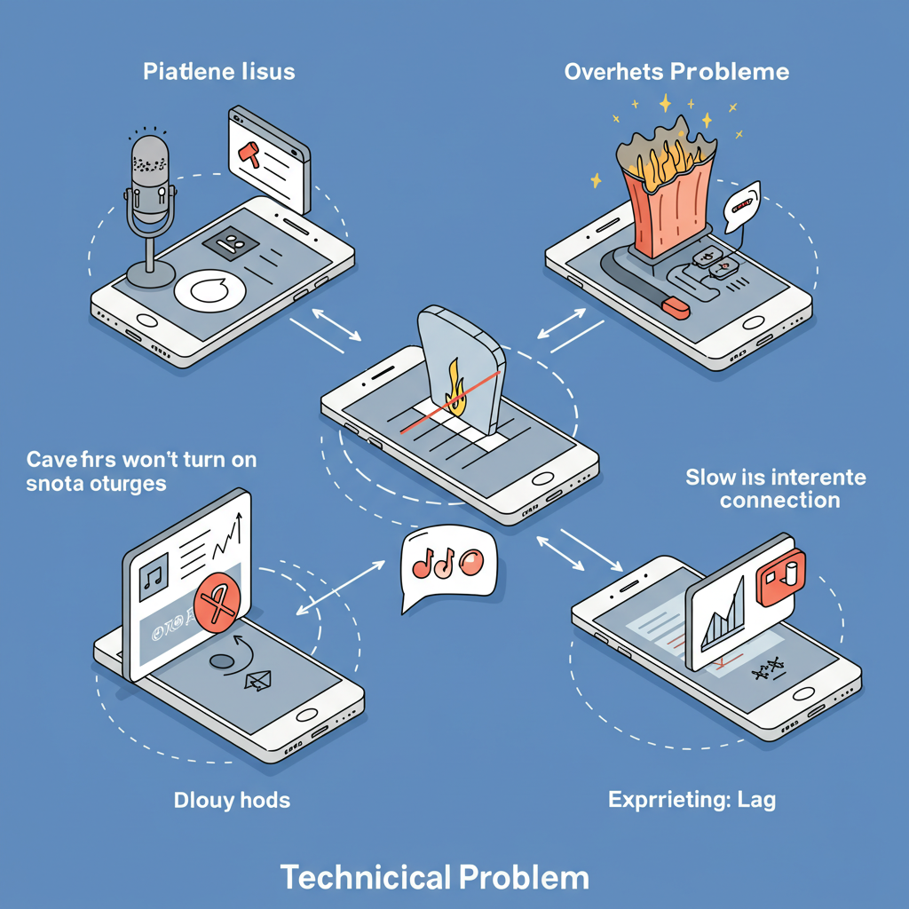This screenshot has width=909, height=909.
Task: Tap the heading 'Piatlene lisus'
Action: pyautogui.click(x=219, y=72)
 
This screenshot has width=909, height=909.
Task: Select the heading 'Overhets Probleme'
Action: pyautogui.click(x=676, y=72)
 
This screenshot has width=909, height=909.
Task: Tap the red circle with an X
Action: pyautogui.click(x=217, y=606)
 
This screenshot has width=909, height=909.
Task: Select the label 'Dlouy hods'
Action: pyautogui.click(x=232, y=800)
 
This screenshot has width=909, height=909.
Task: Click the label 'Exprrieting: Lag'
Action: pyautogui.click(x=692, y=800)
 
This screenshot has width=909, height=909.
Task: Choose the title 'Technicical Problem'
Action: pyautogui.click(x=435, y=877)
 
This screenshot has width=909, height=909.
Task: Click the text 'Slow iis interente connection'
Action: pyautogui.click(x=775, y=489)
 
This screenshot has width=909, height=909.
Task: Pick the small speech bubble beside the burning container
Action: pyautogui.click(x=742, y=204)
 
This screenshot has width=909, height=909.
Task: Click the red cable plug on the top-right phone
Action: pyautogui.click(x=676, y=307)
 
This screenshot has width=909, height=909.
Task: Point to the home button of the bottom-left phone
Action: pyautogui.click(x=307, y=715)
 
